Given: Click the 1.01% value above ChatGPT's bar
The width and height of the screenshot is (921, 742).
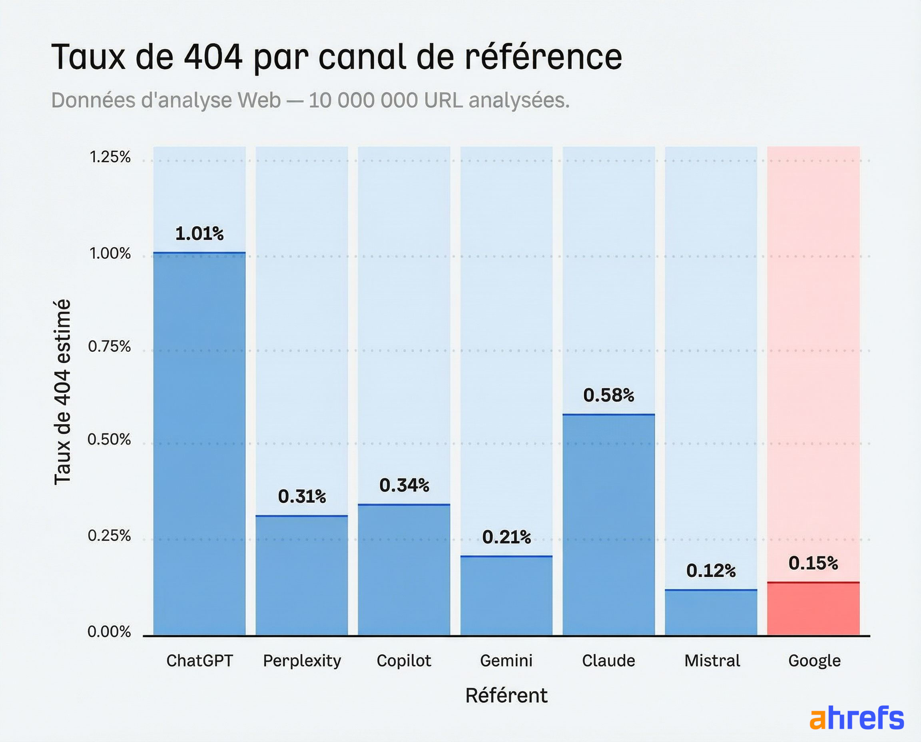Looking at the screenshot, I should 199,234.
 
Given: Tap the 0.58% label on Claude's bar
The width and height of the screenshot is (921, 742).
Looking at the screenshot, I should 608,395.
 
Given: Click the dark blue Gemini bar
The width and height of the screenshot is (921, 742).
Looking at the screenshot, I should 506,596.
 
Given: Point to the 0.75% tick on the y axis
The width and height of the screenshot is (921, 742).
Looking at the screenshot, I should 109,346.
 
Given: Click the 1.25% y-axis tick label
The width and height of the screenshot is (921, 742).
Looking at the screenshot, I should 110,157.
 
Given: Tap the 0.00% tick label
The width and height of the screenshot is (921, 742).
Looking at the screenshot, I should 109,632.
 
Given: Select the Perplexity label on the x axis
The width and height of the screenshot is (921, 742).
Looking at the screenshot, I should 302,661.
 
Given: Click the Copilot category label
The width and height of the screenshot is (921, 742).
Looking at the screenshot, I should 403,661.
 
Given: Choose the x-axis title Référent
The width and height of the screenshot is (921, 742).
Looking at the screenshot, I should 506,695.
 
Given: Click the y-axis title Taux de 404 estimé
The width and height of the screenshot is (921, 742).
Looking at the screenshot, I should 62,391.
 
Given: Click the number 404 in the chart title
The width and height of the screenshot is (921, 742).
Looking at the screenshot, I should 213,57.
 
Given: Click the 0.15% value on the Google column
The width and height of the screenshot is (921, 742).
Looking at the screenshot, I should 813,563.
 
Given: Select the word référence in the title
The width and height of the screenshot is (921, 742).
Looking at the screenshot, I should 543,57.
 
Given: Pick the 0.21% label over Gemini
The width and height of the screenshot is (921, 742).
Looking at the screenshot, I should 506,537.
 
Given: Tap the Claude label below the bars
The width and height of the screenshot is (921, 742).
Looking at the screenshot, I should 608,661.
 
